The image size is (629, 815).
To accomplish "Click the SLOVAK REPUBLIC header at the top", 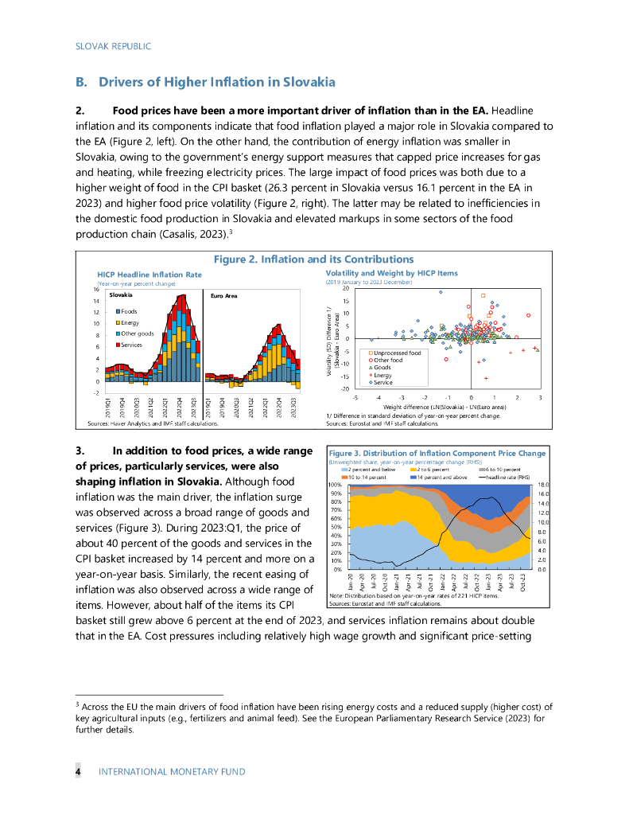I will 113,46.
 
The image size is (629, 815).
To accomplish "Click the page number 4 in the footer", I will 78,771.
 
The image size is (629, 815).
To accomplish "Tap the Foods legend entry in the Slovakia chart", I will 128,311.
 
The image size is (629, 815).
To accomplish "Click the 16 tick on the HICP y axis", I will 95,290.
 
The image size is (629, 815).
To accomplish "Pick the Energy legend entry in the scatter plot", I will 385,375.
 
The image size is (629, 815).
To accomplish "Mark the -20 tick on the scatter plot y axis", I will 345,388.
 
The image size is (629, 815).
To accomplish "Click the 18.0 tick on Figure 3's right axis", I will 544,485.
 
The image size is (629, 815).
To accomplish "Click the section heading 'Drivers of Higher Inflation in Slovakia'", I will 216,82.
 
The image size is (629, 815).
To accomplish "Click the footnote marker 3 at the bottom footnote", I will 77,704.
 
